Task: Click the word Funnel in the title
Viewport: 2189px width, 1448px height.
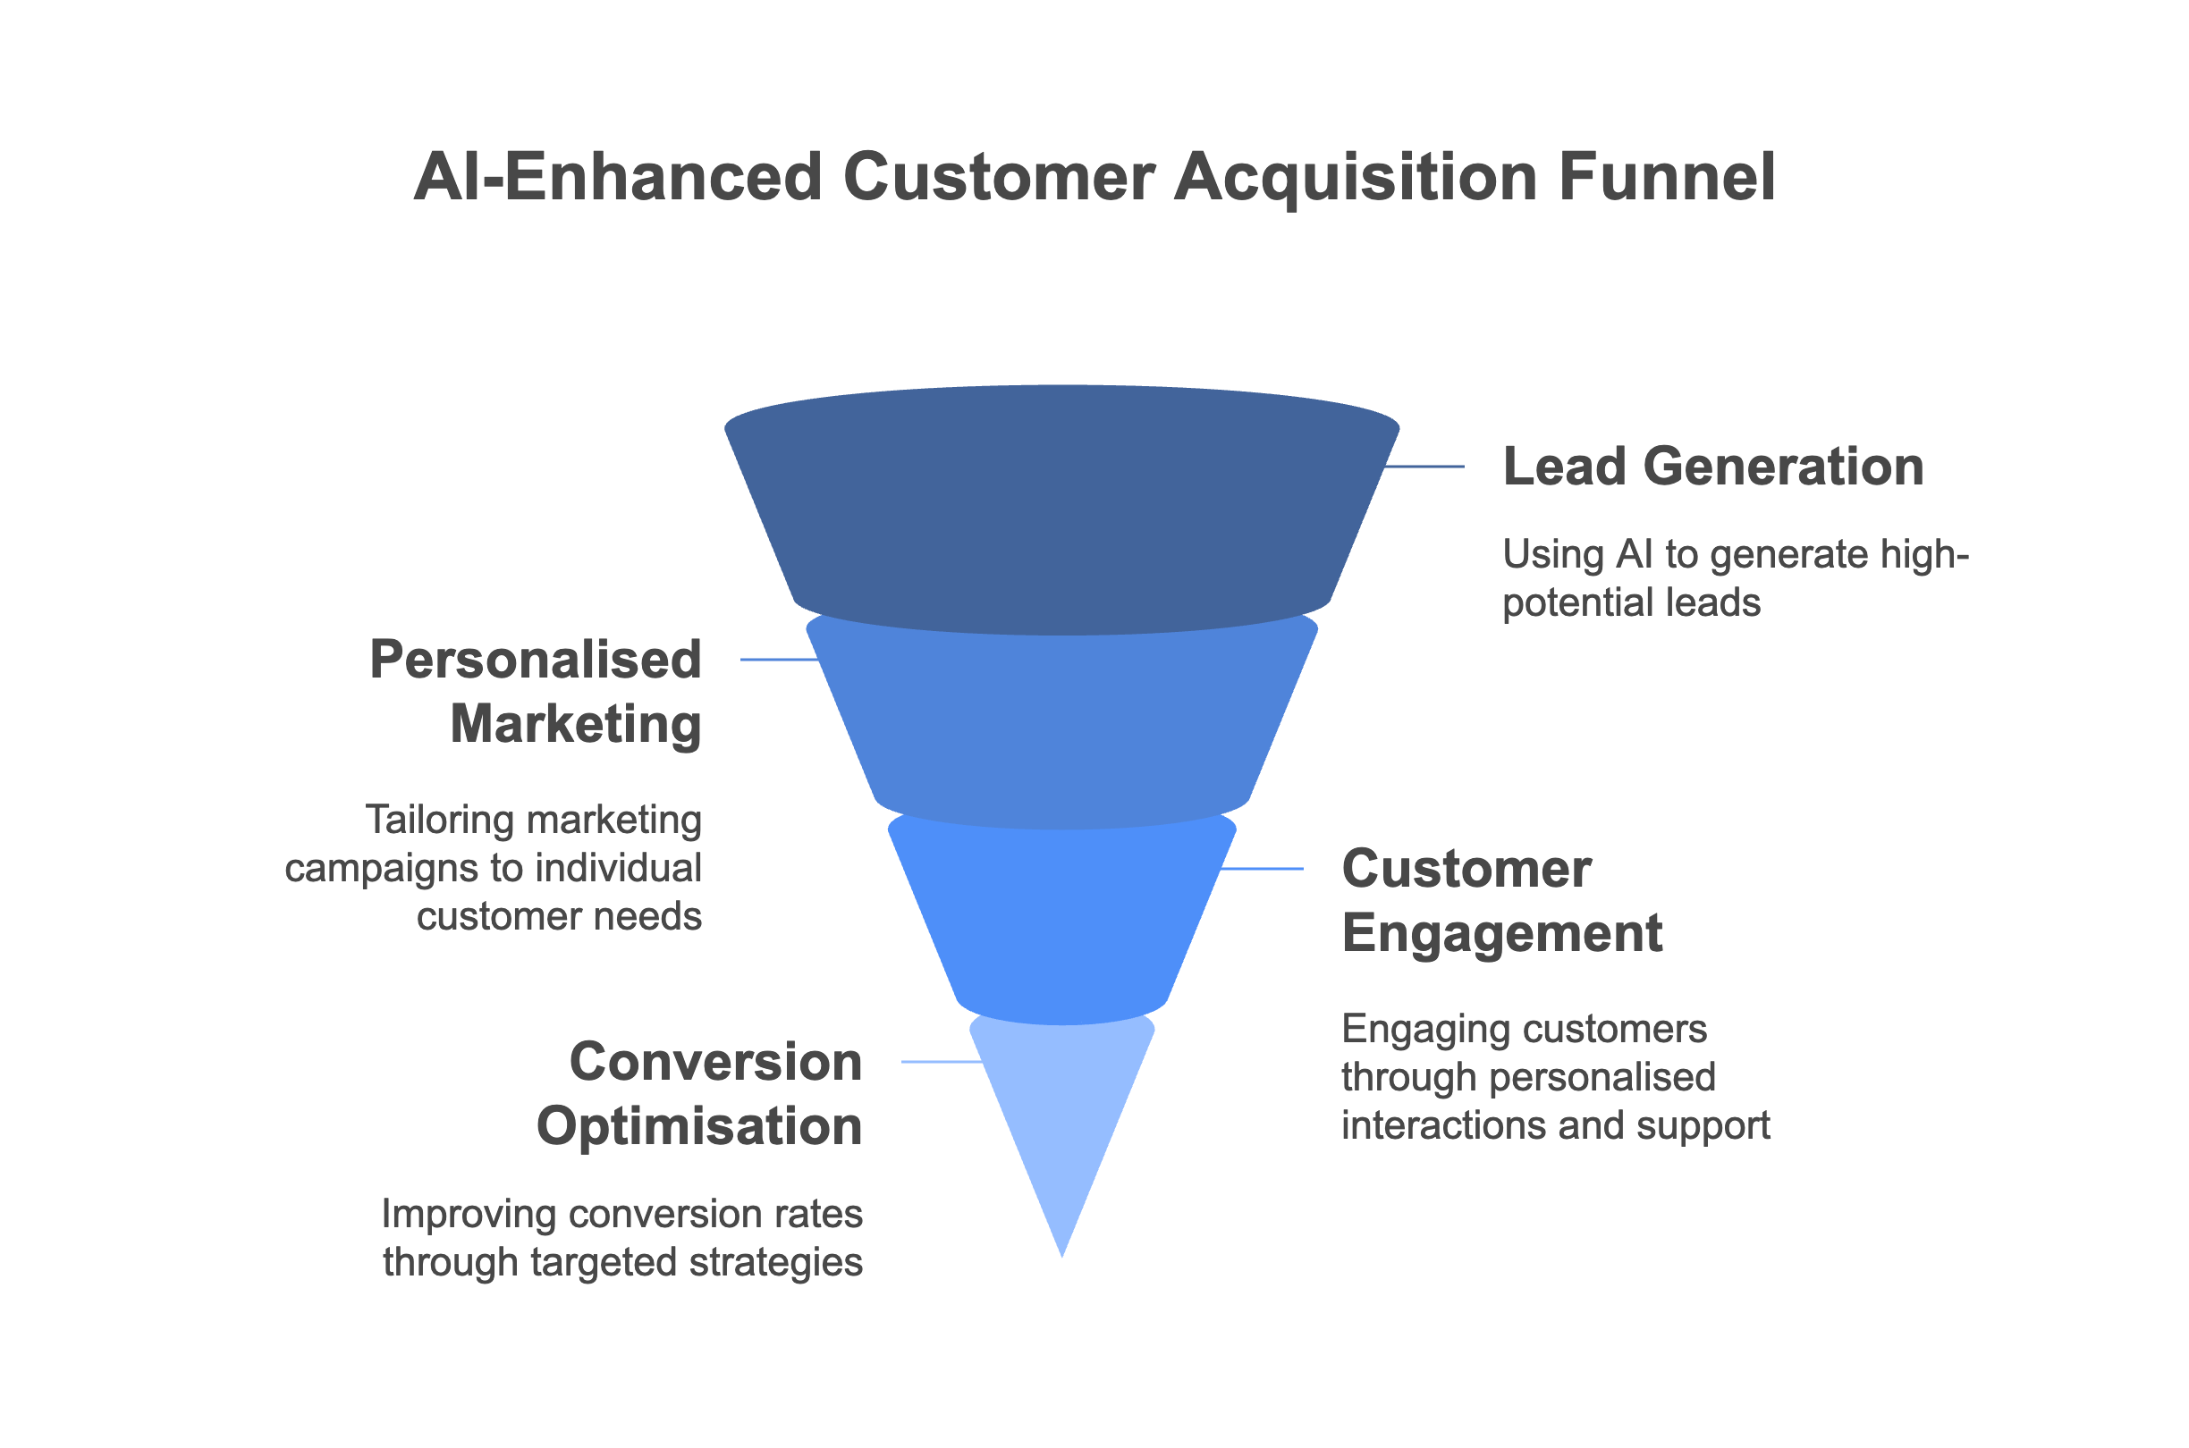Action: (x=1665, y=176)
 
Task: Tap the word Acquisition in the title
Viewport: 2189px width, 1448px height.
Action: (x=1355, y=176)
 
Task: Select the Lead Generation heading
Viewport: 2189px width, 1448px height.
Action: (x=1712, y=467)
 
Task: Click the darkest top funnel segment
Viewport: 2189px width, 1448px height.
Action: (x=1061, y=518)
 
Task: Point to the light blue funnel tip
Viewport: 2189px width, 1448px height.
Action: (x=1061, y=1117)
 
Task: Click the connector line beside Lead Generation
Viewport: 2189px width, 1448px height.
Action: (x=1424, y=467)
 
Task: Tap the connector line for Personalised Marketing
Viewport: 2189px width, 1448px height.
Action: (x=779, y=660)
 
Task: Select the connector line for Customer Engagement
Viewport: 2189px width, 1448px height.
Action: (x=1261, y=869)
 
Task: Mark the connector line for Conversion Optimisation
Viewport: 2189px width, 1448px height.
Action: (x=941, y=1062)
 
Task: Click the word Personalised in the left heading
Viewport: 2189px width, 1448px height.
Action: (x=536, y=661)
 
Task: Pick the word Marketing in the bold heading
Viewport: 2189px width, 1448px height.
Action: (x=577, y=724)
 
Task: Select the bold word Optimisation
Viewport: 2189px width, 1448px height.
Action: (x=699, y=1126)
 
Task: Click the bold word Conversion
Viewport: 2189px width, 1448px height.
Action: (x=716, y=1062)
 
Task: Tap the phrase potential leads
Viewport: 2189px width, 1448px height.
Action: (x=1631, y=603)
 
